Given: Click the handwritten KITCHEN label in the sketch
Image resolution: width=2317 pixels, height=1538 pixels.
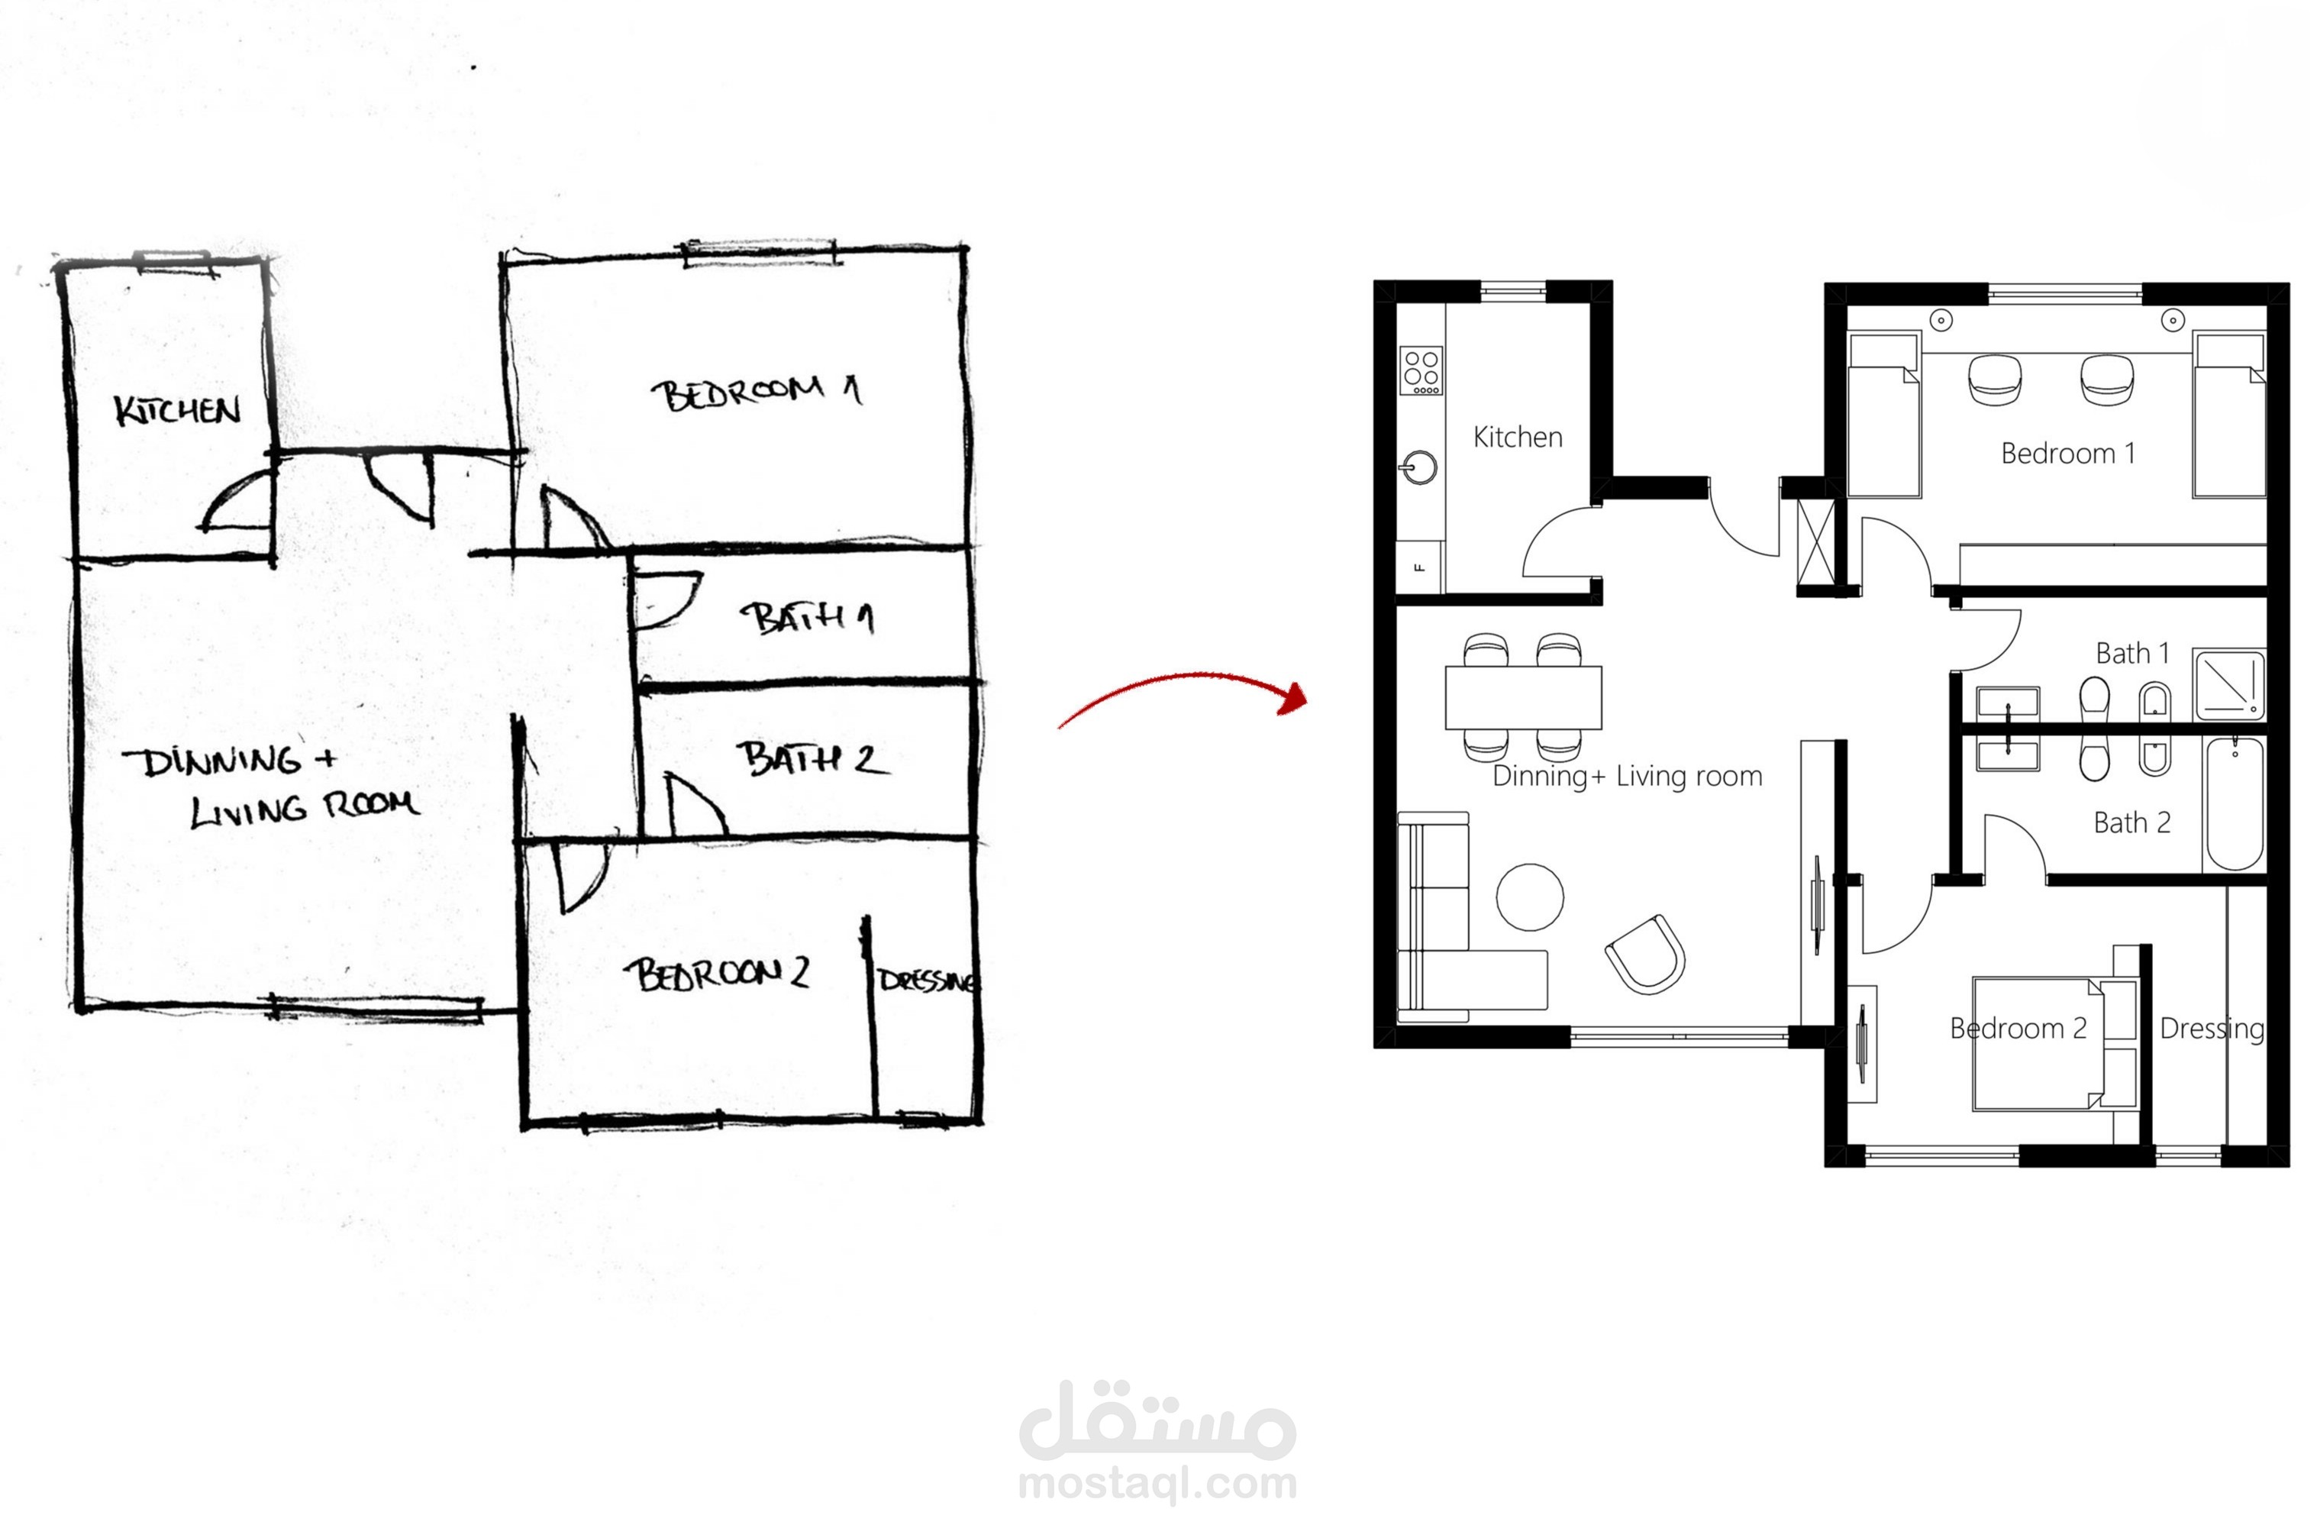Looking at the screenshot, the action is pos(176,410).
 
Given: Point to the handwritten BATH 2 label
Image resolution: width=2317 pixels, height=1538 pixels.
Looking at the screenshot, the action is pos(812,758).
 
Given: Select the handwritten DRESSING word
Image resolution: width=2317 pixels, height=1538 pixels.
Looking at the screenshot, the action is pos(927,980).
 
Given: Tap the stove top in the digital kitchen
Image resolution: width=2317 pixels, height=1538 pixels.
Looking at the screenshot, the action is pos(1421,371).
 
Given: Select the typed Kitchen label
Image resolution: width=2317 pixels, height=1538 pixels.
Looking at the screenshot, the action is pos(1517,437).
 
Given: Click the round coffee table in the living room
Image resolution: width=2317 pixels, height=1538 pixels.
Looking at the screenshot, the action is pos(1530,897).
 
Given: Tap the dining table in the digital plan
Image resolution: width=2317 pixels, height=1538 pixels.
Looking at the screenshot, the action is pos(1523,697).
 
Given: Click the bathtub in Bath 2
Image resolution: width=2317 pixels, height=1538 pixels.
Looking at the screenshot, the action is pos(2235,803).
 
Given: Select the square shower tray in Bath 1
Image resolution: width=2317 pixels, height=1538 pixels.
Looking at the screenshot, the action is pos(2228,683).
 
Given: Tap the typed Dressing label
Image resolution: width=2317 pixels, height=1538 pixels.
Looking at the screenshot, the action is pos(2212,1029).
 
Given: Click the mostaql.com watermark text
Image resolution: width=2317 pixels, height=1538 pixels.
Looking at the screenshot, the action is pos(1158,1483).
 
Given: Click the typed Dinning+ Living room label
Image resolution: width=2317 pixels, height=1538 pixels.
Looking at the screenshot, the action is pos(1627,776).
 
